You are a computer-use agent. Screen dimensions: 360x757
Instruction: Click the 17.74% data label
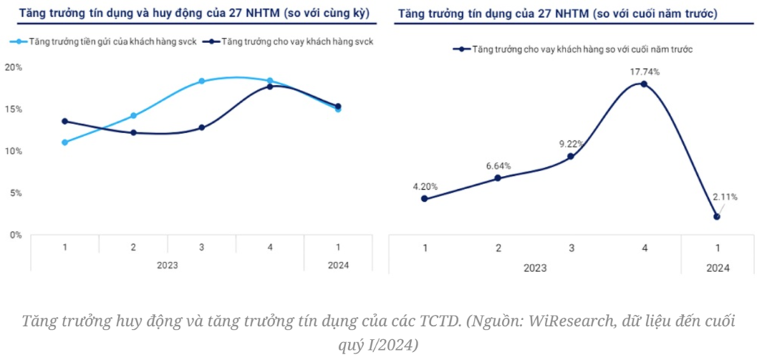(644, 72)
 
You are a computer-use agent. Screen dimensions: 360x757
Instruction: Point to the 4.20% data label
(424, 186)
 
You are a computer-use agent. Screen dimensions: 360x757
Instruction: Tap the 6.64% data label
(498, 166)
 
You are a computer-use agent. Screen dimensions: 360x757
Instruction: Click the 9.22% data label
(570, 143)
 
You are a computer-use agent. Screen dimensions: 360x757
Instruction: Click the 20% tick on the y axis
(14, 67)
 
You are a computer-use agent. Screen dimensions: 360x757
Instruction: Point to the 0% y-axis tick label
(16, 235)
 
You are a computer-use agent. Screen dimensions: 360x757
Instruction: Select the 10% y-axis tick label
(14, 151)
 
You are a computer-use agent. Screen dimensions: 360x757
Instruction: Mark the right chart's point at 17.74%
(644, 84)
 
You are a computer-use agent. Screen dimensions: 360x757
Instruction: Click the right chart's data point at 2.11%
(716, 217)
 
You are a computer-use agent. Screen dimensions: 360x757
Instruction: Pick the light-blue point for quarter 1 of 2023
(65, 142)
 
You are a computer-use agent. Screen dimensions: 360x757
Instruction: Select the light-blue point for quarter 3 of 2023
(202, 81)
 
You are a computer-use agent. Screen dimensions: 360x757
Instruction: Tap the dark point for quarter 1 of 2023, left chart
(65, 121)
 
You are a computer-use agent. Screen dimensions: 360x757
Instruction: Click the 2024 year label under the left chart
(338, 265)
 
